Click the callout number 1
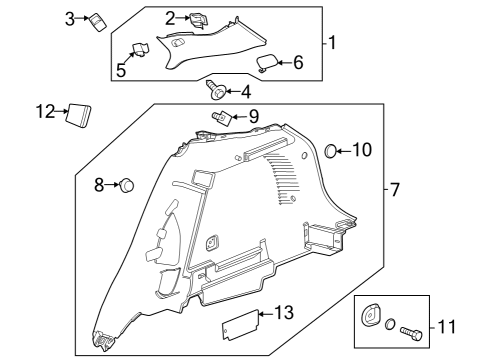point(332,44)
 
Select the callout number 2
point(171,17)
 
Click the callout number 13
point(284,314)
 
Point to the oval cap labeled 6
point(267,63)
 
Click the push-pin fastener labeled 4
point(216,93)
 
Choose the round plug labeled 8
point(128,185)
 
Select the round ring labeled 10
point(332,151)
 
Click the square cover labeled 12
point(78,113)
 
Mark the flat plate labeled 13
point(238,324)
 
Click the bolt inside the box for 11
point(413,326)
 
